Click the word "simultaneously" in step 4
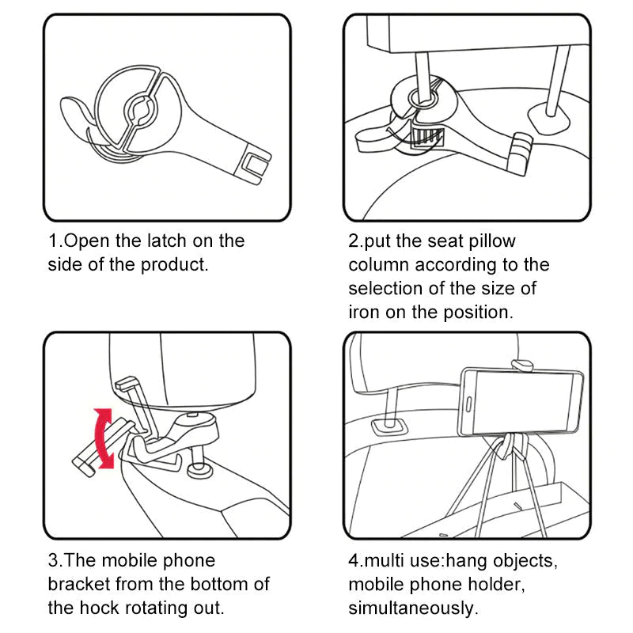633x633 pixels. [x=412, y=608]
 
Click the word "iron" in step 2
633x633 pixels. [x=364, y=312]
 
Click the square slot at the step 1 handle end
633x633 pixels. [x=256, y=165]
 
